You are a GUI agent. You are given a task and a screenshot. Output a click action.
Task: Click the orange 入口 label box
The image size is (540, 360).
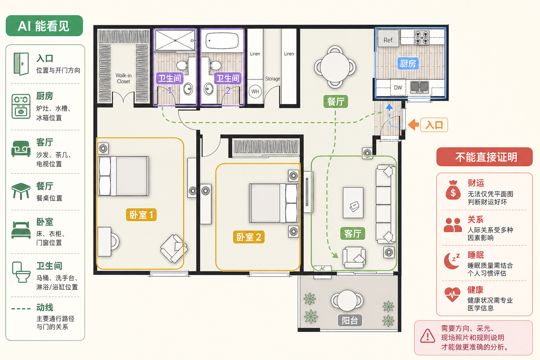pyautogui.click(x=434, y=125)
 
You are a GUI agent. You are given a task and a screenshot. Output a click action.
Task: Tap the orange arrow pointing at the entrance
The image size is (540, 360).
pyautogui.click(x=414, y=125)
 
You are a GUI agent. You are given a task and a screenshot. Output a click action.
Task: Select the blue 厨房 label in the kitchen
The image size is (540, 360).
pyautogui.click(x=408, y=64)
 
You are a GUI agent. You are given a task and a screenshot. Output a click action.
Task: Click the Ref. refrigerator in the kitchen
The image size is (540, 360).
pyautogui.click(x=388, y=39)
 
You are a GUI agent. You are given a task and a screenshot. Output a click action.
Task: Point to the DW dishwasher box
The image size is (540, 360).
pyautogui.click(x=398, y=87)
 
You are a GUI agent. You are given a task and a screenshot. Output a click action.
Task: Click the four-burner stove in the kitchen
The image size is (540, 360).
pyautogui.click(x=422, y=38)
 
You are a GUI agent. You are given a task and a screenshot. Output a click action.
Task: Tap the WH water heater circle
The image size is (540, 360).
pyautogui.click(x=255, y=92)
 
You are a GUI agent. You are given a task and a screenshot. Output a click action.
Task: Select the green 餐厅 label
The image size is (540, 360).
pyautogui.click(x=336, y=102)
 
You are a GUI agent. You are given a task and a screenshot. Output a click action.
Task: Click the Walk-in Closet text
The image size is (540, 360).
pyautogui.click(x=123, y=79)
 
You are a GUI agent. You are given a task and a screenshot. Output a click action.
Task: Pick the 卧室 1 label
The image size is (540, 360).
pyautogui.click(x=141, y=214)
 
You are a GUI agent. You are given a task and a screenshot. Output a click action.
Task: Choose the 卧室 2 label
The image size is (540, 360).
pyautogui.click(x=249, y=237)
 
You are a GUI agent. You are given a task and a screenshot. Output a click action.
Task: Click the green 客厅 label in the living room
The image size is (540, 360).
pyautogui.click(x=353, y=233)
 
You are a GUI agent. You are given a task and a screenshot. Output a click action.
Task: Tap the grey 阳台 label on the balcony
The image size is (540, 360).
pyautogui.click(x=350, y=321)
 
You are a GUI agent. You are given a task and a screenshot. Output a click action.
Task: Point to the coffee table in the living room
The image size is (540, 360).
pyautogui.click(x=353, y=202)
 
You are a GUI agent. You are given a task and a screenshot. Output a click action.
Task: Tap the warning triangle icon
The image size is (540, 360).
pyautogui.click(x=427, y=336)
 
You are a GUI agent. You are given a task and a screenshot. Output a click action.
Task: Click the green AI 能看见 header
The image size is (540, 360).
pyautogui.click(x=44, y=26)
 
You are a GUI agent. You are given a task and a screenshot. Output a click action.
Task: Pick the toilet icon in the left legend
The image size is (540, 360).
pyautogui.click(x=21, y=272)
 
